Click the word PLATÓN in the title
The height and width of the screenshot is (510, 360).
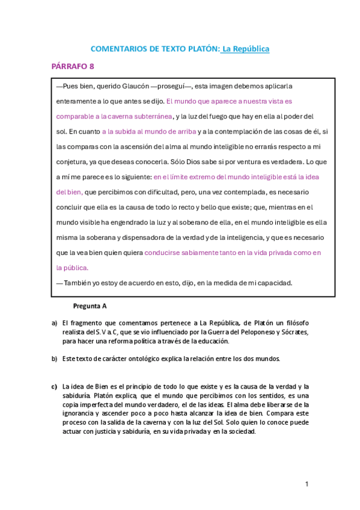201,49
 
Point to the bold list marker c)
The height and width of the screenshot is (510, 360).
54,386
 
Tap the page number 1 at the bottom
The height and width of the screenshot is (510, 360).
307,484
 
